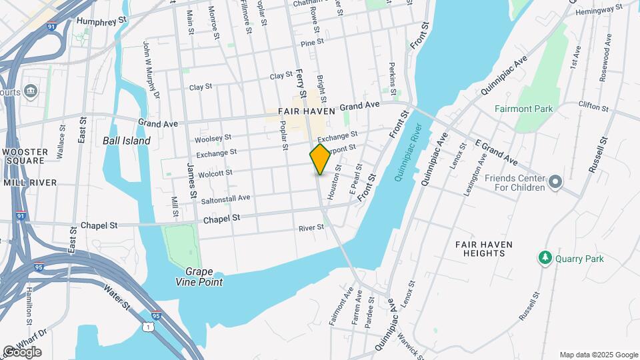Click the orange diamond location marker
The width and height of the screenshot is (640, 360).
coord(320,159)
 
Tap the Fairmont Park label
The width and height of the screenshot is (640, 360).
coord(524,109)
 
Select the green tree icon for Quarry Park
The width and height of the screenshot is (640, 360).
coord(545,257)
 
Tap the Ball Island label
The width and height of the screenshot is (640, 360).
coord(127,141)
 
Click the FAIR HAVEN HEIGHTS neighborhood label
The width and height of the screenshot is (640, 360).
coord(484,249)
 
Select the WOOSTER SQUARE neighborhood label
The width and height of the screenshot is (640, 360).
coord(25,157)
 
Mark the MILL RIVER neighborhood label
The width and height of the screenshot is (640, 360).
coord(30,182)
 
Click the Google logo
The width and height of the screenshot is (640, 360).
coord(22,352)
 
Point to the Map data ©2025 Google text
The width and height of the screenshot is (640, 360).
coord(599,355)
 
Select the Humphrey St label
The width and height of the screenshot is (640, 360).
coord(101,21)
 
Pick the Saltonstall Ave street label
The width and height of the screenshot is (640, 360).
coord(225,198)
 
